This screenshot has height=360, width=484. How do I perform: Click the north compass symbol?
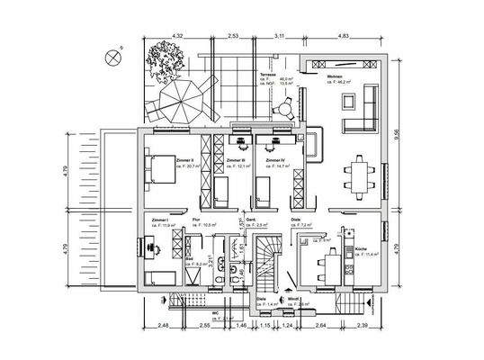[112, 57]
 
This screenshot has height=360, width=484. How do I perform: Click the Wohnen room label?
[335, 77]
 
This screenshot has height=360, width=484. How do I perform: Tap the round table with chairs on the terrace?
[287, 108]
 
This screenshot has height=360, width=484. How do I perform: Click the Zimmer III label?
[237, 160]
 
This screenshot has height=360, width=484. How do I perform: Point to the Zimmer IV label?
[275, 160]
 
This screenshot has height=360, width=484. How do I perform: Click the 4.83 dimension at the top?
[343, 35]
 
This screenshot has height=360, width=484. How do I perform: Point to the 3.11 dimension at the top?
[279, 35]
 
